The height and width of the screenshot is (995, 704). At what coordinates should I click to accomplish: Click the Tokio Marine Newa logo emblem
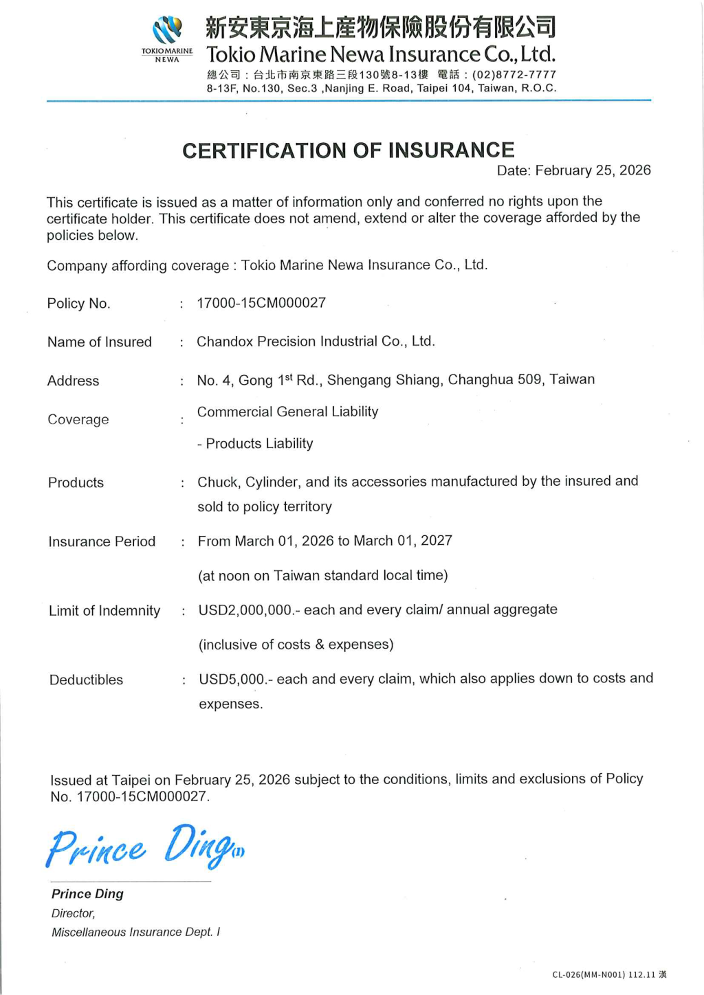pos(167,31)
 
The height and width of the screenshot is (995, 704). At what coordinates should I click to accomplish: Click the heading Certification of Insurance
pos(348,150)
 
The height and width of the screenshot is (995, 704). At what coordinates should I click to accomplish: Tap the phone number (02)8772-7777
pos(514,75)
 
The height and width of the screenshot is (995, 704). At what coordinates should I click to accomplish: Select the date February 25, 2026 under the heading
pos(593,170)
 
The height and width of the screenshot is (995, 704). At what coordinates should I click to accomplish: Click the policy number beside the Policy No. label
pos(261,303)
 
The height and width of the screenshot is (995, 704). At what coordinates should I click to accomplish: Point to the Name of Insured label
pos(100,342)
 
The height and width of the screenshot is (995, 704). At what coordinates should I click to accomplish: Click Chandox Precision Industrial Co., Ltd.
pos(316,342)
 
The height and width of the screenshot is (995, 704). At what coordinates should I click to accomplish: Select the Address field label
pos(74,381)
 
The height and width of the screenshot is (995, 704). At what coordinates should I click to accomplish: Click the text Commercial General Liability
pos(287,412)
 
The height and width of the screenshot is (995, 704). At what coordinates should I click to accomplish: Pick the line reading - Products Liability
pos(255,444)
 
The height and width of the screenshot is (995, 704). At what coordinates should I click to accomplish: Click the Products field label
pos(76,482)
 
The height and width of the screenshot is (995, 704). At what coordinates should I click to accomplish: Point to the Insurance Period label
pos(102,541)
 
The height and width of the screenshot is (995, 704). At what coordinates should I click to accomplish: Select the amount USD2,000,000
pos(245,610)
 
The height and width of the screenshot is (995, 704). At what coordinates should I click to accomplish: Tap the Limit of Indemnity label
pos(104,611)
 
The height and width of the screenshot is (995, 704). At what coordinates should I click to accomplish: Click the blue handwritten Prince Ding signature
pos(144,847)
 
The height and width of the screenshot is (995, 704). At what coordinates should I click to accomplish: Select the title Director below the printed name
pos(73,913)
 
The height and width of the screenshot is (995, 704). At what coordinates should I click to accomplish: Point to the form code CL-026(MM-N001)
pos(588,974)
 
